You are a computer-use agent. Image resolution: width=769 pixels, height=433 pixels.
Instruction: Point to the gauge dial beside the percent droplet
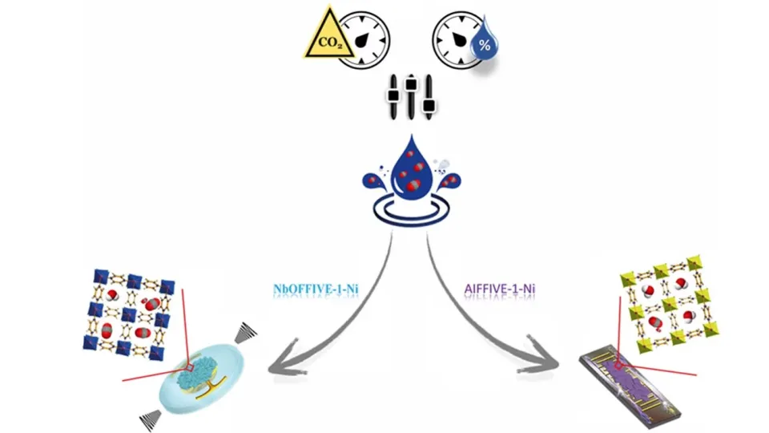(x=457, y=40)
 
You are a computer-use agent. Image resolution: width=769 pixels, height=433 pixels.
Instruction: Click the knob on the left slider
(x=393, y=95)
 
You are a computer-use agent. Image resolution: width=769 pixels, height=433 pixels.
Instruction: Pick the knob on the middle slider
(x=411, y=84)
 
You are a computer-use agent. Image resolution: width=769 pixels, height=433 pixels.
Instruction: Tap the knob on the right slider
(x=429, y=105)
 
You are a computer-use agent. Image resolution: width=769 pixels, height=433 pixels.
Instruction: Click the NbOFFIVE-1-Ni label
(x=316, y=289)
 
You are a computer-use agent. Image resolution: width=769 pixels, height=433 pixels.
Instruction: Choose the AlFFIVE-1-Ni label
(x=500, y=289)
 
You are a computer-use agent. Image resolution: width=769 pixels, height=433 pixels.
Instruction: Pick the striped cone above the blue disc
(x=245, y=333)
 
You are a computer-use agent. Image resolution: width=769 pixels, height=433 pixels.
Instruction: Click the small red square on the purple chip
(x=618, y=366)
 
